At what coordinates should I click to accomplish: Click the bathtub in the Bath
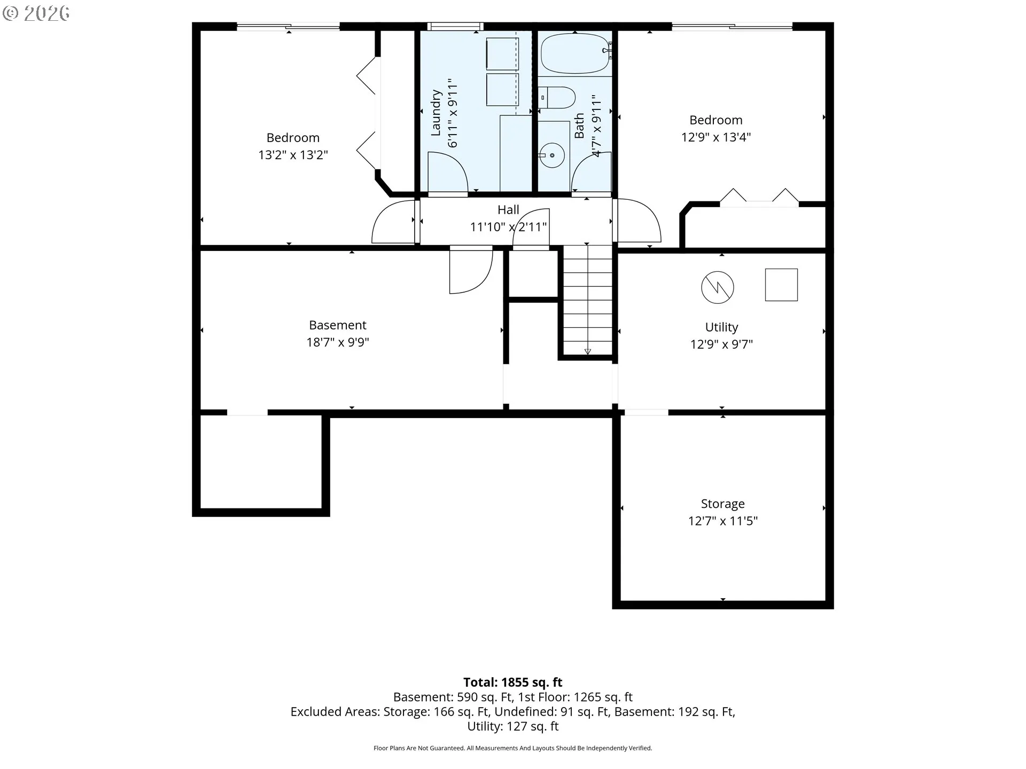pyautogui.click(x=575, y=53)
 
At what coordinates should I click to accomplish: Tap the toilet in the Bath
pyautogui.click(x=557, y=98)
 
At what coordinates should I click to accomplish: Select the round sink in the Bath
pyautogui.click(x=551, y=155)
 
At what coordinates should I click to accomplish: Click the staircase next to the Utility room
pyautogui.click(x=588, y=300)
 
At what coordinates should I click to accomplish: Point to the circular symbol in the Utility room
pyautogui.click(x=717, y=287)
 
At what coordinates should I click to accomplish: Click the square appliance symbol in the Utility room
pyautogui.click(x=781, y=285)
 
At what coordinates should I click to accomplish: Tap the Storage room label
pyautogui.click(x=722, y=504)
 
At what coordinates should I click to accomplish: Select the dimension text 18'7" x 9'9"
pyautogui.click(x=338, y=342)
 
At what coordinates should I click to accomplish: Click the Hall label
pyautogui.click(x=508, y=210)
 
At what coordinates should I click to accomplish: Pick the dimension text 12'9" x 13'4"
pyautogui.click(x=716, y=137)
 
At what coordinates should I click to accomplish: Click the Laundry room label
pyautogui.click(x=436, y=113)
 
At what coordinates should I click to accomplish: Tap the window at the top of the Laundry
pyautogui.click(x=455, y=26)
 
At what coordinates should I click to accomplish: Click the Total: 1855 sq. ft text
pyautogui.click(x=513, y=682)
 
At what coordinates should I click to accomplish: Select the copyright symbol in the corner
pyautogui.click(x=10, y=13)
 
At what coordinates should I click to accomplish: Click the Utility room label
pyautogui.click(x=721, y=327)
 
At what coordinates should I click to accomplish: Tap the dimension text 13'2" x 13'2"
pyautogui.click(x=293, y=155)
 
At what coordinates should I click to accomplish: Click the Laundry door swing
pyautogui.click(x=448, y=172)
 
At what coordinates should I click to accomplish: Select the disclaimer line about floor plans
pyautogui.click(x=513, y=748)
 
